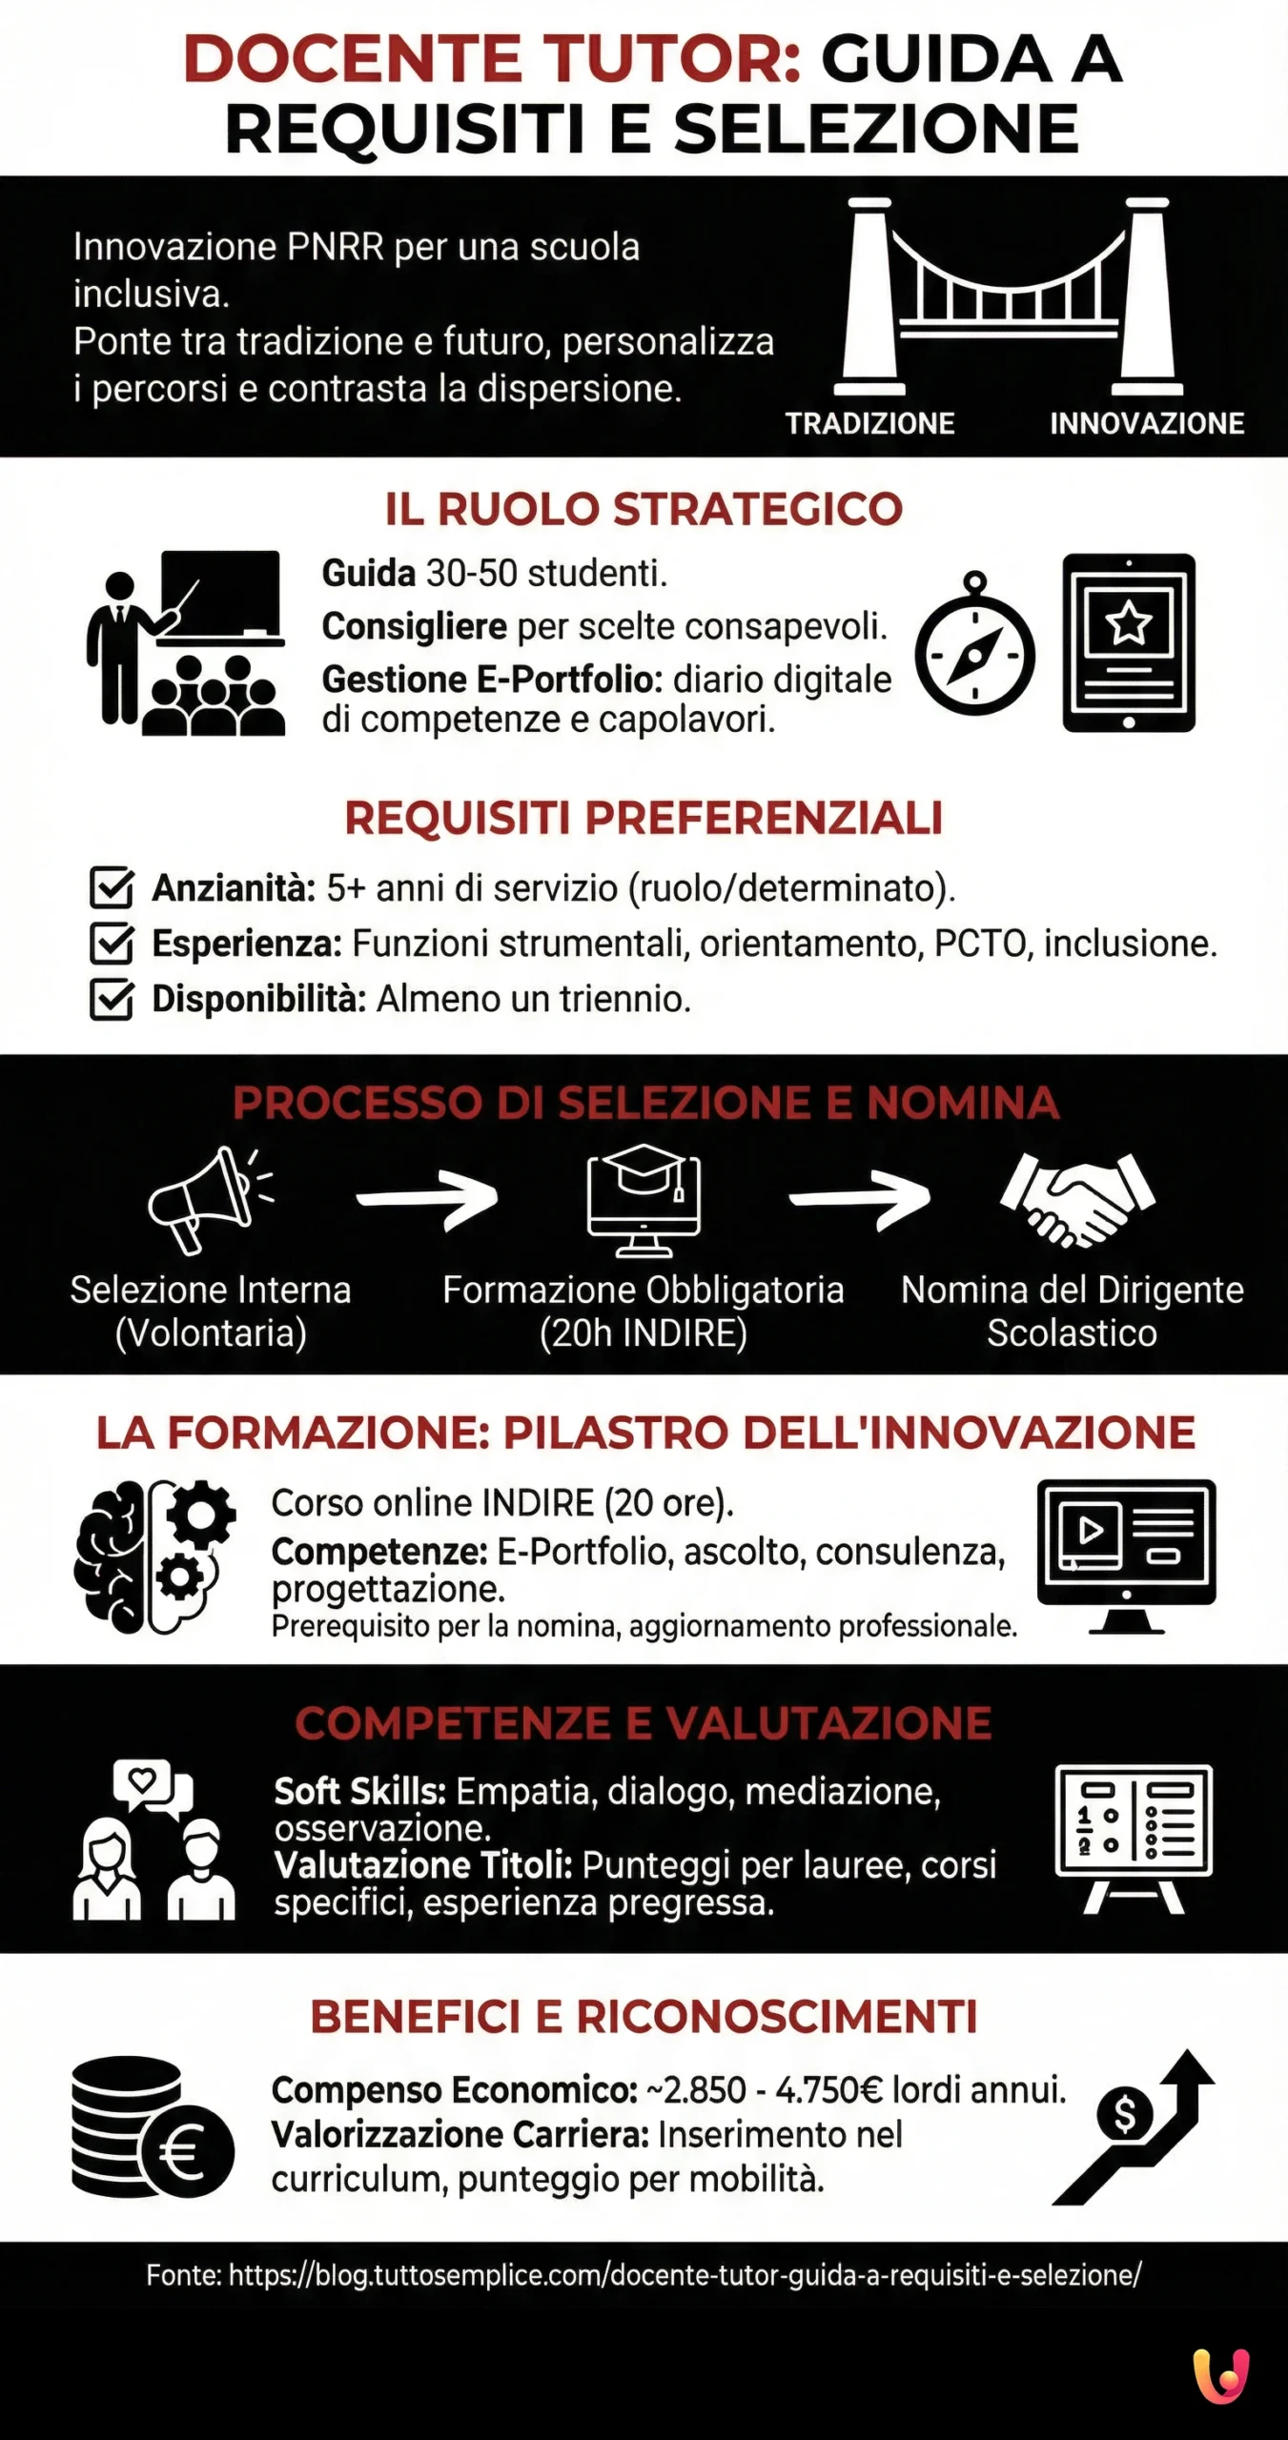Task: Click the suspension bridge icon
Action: coord(1009,296)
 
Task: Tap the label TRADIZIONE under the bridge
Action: coord(869,423)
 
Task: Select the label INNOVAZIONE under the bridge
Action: coord(1146,423)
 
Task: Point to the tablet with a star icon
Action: coord(1129,642)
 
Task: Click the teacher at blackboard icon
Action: coord(187,643)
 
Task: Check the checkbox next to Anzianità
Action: coord(112,887)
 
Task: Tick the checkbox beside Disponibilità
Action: coord(112,1000)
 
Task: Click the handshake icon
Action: coord(1076,1197)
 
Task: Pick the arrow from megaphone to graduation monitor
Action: coord(428,1197)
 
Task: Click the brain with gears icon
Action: coord(154,1555)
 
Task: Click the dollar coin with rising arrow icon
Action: coord(1133,2127)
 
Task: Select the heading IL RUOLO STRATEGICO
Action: coord(644,509)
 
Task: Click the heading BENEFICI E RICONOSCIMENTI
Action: coord(644,2017)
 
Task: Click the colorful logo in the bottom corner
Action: coord(1221,2376)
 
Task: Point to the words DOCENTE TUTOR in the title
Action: coord(492,59)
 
